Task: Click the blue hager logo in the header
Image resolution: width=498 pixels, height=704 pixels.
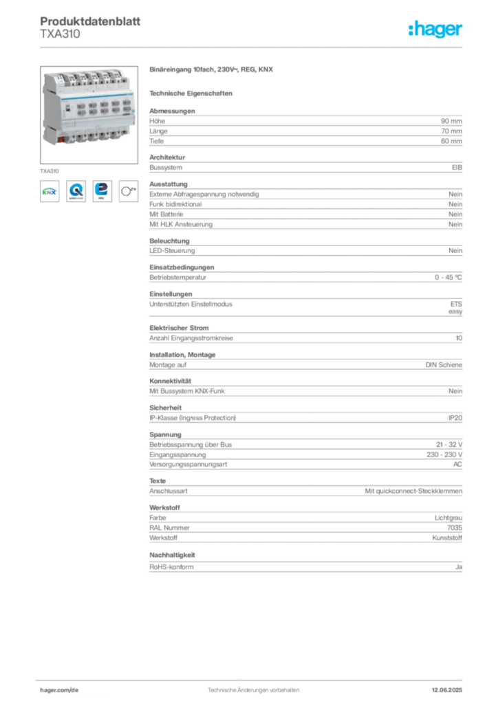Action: (x=437, y=30)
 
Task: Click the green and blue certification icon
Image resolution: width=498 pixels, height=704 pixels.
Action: (x=50, y=192)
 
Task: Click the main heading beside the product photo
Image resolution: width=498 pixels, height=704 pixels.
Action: (x=212, y=70)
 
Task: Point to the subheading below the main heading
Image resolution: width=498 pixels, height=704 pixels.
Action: (x=193, y=92)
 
